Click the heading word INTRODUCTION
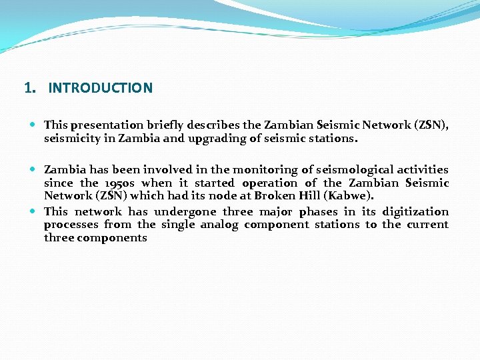pos(100,88)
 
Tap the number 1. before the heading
pos(29,88)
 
